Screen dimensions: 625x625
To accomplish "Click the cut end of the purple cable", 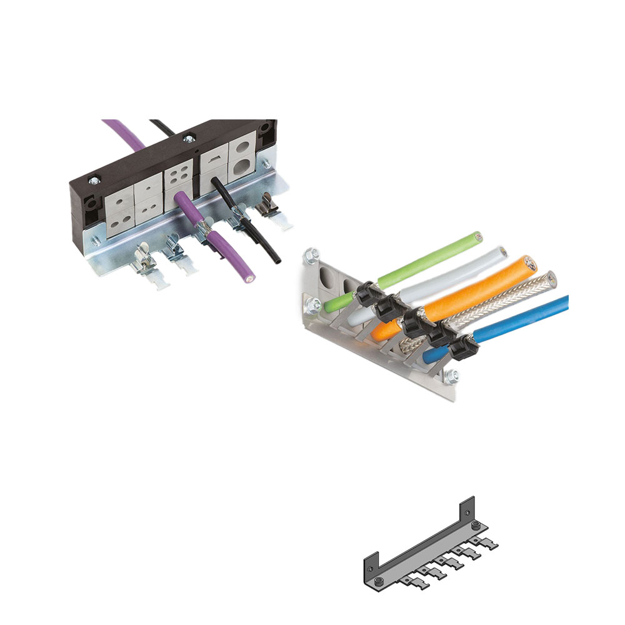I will pyautogui.click(x=250, y=274).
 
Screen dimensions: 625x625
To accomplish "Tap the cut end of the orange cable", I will pyautogui.click(x=529, y=262).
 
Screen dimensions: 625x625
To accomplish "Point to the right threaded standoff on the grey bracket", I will pyautogui.click(x=476, y=524).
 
